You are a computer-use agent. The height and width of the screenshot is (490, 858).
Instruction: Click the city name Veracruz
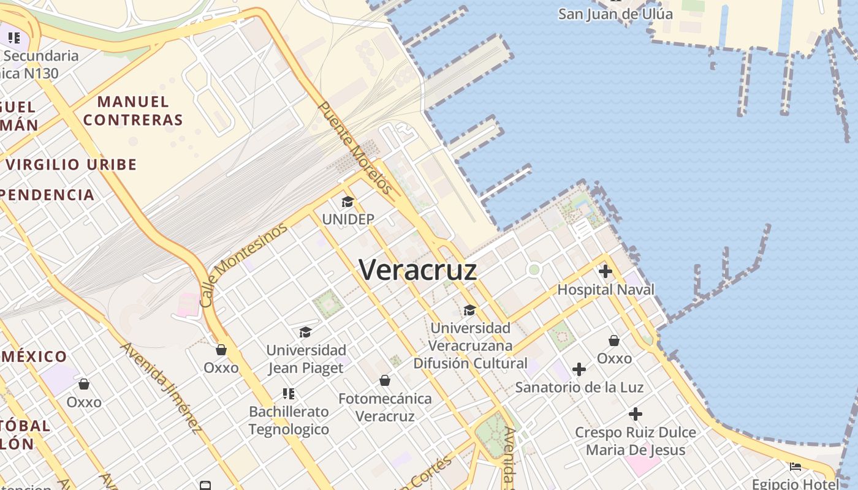click(x=418, y=269)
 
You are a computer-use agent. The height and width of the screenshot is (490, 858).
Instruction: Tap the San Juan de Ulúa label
click(x=615, y=13)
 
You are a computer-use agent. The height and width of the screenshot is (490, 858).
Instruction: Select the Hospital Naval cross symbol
click(x=606, y=271)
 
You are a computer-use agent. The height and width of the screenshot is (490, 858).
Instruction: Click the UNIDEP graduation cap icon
click(x=347, y=202)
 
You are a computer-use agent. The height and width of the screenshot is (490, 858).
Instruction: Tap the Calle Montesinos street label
click(x=243, y=265)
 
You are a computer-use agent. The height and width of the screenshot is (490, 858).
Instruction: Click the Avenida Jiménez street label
click(x=161, y=386)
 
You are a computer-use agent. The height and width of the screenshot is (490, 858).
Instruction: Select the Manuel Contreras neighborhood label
click(x=133, y=111)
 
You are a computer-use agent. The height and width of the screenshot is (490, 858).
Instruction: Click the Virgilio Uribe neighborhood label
click(x=71, y=164)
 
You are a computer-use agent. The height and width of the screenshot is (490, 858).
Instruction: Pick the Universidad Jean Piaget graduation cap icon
click(x=305, y=332)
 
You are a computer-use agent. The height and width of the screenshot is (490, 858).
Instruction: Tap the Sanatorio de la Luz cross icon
click(x=579, y=369)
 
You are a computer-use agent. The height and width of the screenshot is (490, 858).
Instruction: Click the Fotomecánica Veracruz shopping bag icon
click(x=385, y=380)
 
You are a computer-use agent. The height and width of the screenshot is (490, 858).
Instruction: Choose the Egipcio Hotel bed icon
click(x=795, y=467)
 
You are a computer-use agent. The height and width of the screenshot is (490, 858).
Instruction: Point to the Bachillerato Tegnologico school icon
click(x=289, y=393)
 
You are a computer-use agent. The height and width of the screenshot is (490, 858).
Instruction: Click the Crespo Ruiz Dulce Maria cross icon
click(x=636, y=414)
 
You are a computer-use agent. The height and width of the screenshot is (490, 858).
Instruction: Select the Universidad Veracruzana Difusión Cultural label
click(x=470, y=345)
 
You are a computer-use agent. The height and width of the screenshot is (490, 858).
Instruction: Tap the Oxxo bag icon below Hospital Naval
click(x=614, y=340)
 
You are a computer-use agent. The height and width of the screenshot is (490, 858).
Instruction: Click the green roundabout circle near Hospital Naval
click(x=534, y=269)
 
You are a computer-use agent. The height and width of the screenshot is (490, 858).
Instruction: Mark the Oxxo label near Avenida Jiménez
click(x=221, y=367)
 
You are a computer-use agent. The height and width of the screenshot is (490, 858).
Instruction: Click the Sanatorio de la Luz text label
click(x=579, y=387)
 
